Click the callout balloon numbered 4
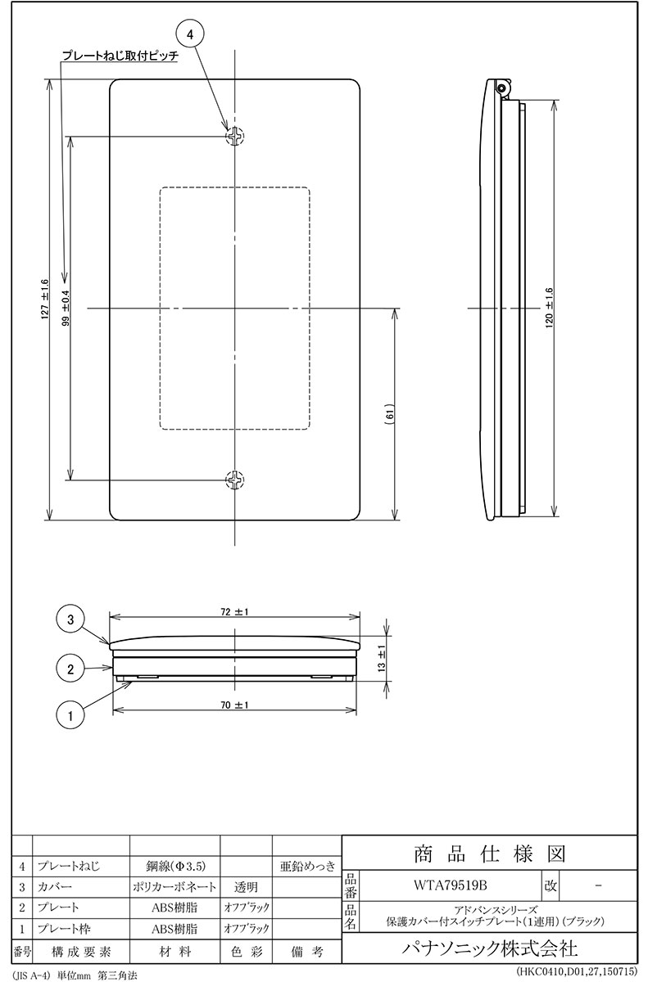189,34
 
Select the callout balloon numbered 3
70,619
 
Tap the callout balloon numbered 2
70,669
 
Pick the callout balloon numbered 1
70,716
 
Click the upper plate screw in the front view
235,137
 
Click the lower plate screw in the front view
235,480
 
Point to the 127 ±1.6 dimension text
45,300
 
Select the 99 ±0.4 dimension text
66,309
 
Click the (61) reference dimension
391,414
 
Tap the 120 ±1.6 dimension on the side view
550,309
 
